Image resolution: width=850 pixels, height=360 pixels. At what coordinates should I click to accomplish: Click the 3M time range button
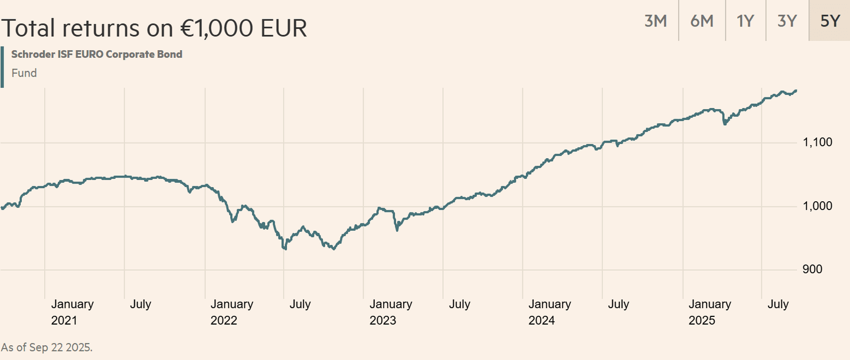(655, 21)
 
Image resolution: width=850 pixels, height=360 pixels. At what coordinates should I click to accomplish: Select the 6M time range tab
(701, 21)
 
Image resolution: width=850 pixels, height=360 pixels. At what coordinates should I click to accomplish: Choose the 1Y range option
(745, 21)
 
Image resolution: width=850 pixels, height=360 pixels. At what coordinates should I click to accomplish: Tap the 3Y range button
(787, 21)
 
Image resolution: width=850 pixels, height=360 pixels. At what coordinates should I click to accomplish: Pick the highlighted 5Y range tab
(829, 21)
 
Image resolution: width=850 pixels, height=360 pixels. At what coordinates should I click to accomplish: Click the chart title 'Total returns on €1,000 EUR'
(153, 28)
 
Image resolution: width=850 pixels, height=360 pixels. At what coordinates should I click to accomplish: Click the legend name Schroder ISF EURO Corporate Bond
(97, 54)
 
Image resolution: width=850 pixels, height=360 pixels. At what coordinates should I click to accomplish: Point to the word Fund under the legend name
(24, 73)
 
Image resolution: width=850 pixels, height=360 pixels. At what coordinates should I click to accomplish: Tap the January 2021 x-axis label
(72, 312)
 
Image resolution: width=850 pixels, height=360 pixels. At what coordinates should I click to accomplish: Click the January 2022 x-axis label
(231, 312)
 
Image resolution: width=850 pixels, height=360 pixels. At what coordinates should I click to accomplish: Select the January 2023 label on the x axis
(391, 312)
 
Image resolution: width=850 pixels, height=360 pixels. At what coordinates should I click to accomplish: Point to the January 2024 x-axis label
(550, 312)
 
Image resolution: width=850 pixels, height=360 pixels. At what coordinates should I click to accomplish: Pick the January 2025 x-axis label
(710, 312)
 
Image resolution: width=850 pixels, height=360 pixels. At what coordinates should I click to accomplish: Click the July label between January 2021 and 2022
(140, 305)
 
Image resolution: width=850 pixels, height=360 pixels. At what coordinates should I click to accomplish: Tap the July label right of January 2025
(777, 305)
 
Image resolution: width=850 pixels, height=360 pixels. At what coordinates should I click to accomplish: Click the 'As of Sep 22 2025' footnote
(47, 347)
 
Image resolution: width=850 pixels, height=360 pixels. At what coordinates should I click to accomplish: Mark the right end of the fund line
(796, 90)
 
